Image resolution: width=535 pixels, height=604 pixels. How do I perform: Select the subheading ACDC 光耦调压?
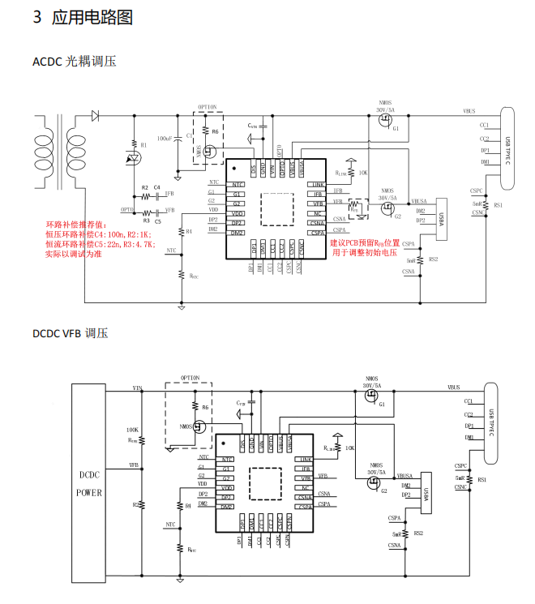point(75,61)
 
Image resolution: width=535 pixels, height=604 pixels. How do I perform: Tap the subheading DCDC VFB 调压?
point(70,333)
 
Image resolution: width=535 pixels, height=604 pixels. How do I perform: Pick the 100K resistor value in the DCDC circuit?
point(132,430)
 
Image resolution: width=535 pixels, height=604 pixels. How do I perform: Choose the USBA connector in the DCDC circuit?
point(428,495)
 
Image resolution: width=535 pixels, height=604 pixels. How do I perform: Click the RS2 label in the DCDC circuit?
point(418,533)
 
